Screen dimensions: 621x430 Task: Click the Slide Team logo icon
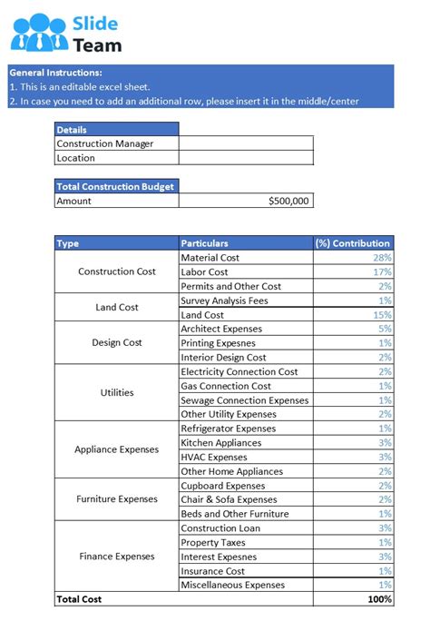(40, 33)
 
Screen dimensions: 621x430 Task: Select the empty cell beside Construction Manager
(246, 143)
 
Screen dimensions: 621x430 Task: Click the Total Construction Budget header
(115, 186)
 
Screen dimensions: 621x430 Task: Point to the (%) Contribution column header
(353, 243)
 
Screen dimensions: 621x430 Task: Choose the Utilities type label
(116, 392)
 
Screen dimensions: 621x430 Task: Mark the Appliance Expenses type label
(116, 449)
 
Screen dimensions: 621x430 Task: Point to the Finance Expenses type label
(116, 556)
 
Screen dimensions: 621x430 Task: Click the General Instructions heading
(55, 73)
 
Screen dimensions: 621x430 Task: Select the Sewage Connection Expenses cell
(245, 399)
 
